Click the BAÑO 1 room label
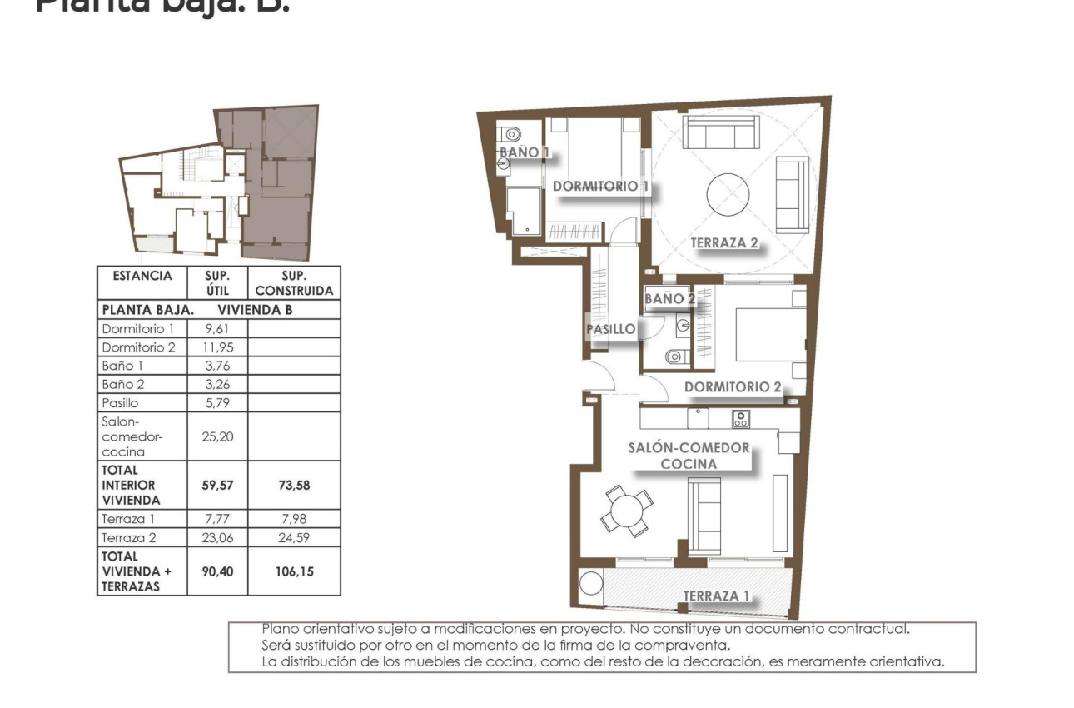pos(525,152)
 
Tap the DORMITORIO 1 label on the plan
pos(600,187)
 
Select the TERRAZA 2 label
pos(724,243)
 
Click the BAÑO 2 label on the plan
pos(670,298)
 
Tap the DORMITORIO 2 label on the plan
pos(733,387)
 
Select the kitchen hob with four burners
pos(740,419)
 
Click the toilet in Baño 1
pos(511,133)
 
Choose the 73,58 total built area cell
pos(294,485)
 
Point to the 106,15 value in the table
pos(294,571)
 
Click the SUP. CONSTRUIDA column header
pos(294,283)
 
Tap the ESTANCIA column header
pos(142,276)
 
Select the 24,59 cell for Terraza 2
pos(294,538)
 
